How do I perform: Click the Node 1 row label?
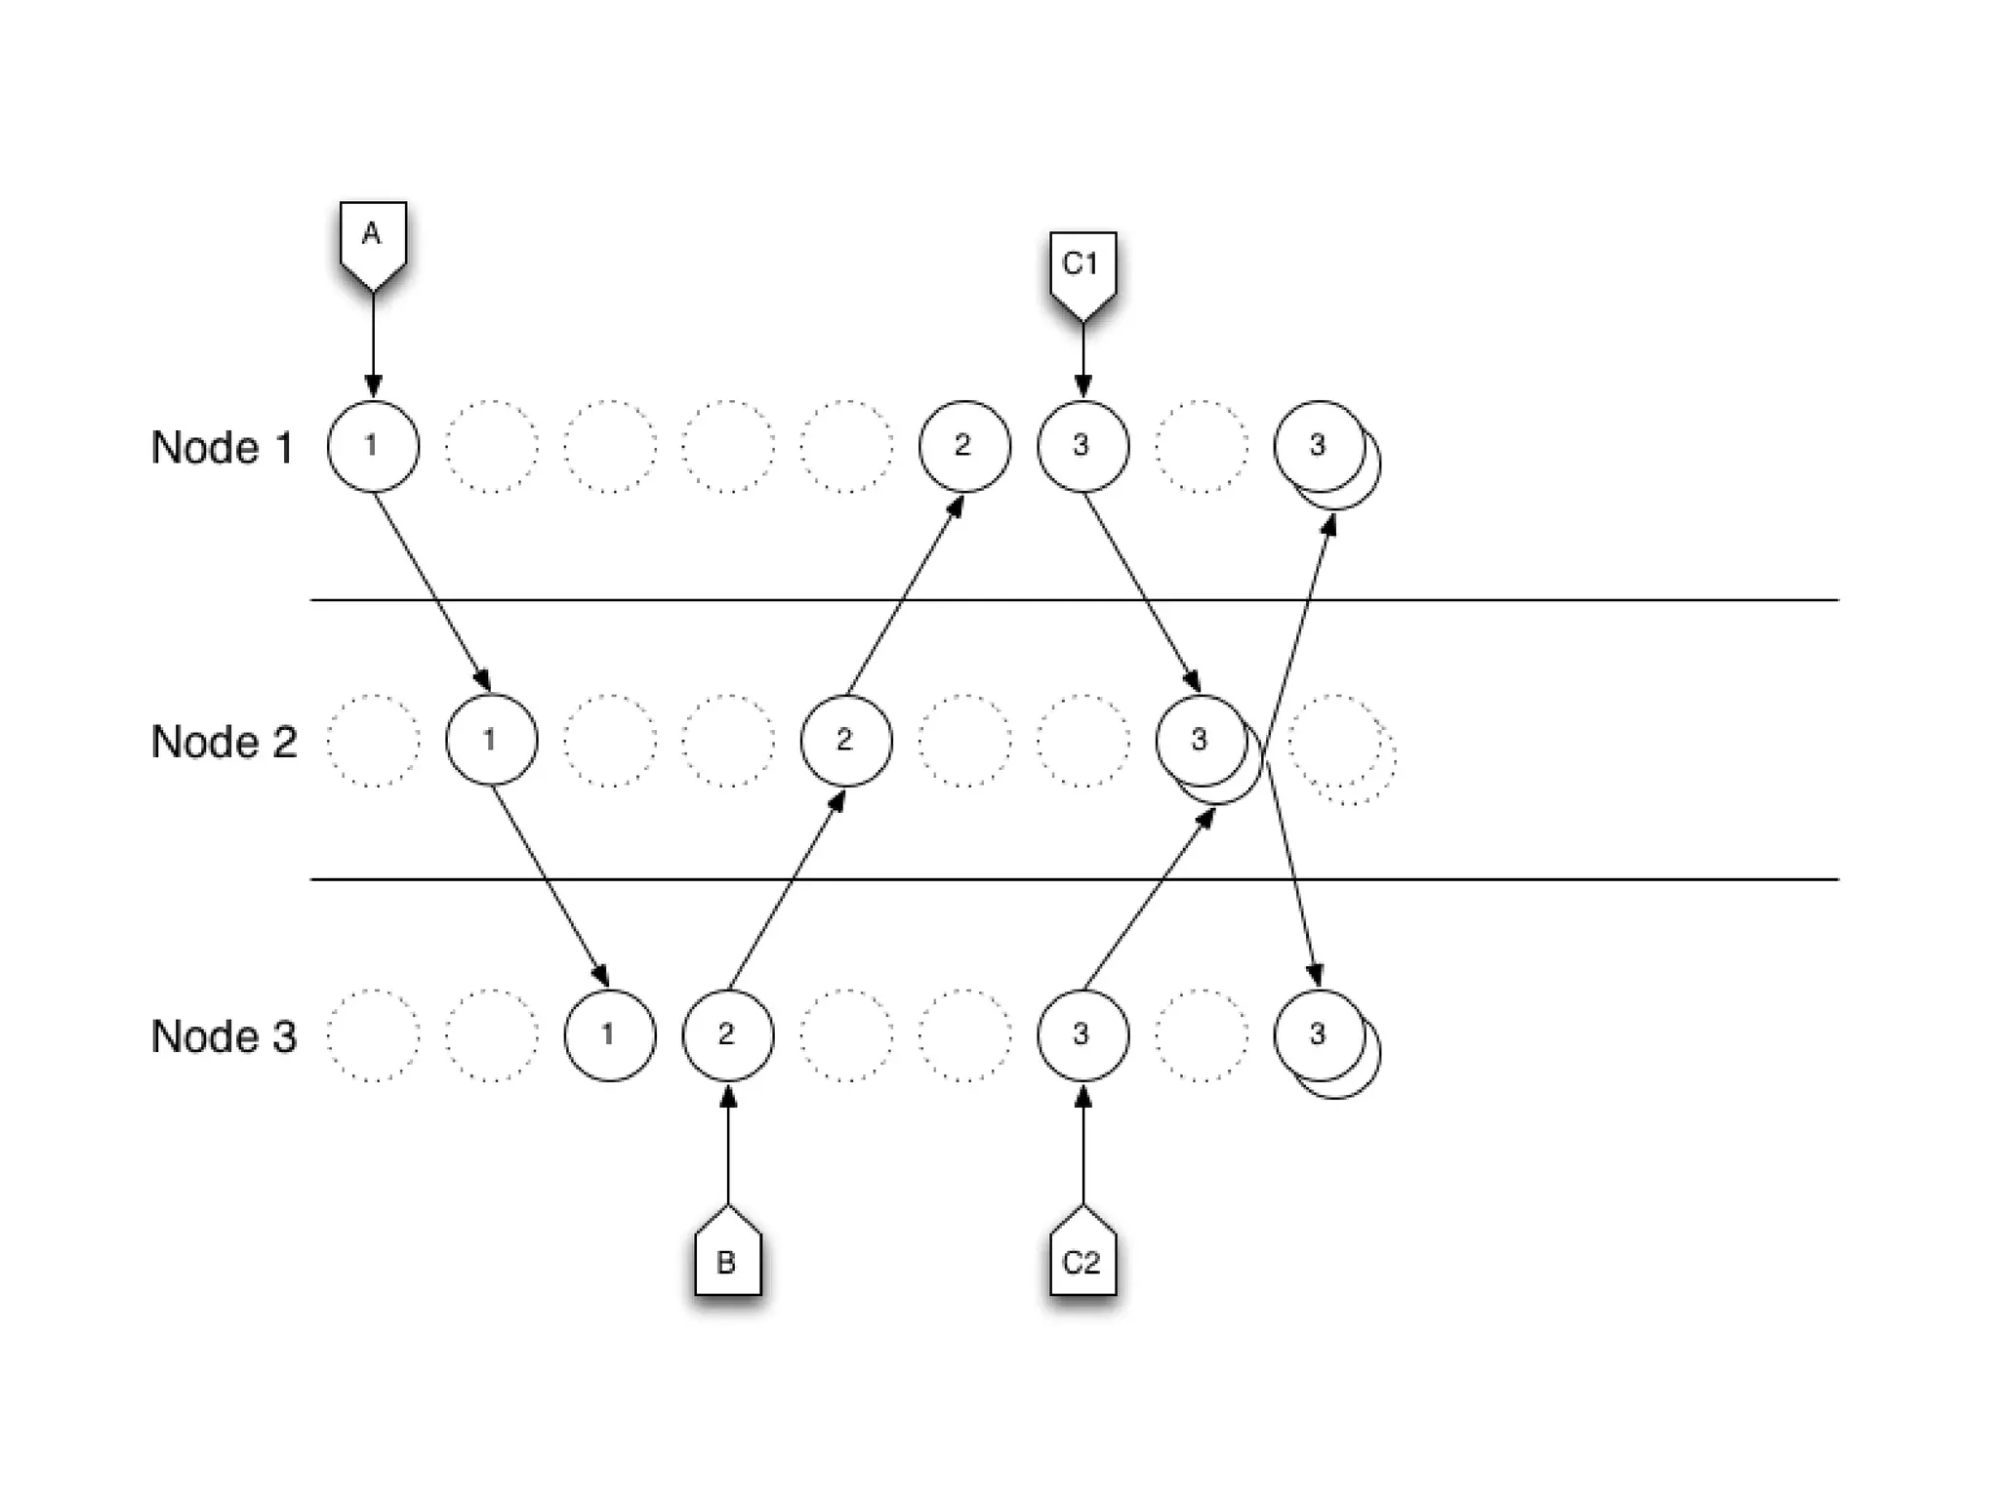coord(222,447)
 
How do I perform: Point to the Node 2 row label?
coord(224,742)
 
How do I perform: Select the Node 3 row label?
coord(224,1036)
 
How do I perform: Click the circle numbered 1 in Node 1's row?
coord(373,446)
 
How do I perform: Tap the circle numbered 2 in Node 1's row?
coord(964,446)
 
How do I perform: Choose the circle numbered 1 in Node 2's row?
coord(491,740)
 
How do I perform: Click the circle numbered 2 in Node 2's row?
coord(845,740)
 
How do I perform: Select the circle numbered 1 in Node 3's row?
coord(610,1034)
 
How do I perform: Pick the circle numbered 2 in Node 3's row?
coord(727,1034)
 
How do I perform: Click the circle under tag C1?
coord(1082,446)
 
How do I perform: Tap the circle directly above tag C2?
coord(1082,1034)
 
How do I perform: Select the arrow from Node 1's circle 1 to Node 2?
coord(432,591)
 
